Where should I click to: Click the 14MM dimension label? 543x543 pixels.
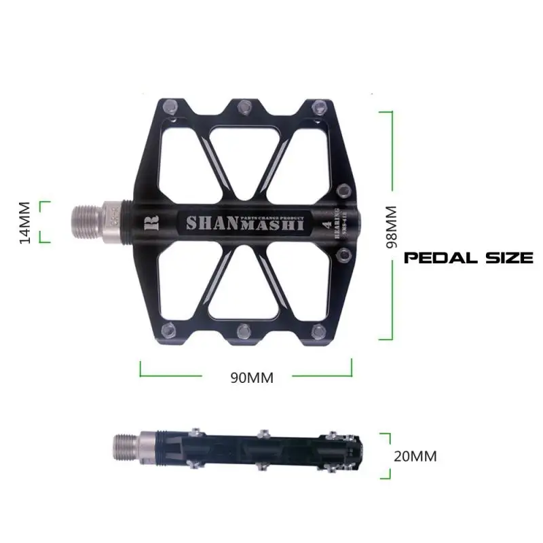click(x=25, y=222)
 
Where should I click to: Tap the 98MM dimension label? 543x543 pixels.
click(x=392, y=227)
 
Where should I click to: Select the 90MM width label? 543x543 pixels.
click(x=251, y=378)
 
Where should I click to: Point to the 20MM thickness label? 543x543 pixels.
click(x=415, y=456)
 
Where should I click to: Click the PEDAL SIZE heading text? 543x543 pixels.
click(x=468, y=258)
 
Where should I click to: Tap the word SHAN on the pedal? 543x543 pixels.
click(x=209, y=223)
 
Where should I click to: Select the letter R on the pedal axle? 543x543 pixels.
click(x=151, y=222)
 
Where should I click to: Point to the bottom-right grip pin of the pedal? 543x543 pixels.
click(x=318, y=333)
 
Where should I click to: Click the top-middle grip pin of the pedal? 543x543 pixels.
click(x=242, y=105)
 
